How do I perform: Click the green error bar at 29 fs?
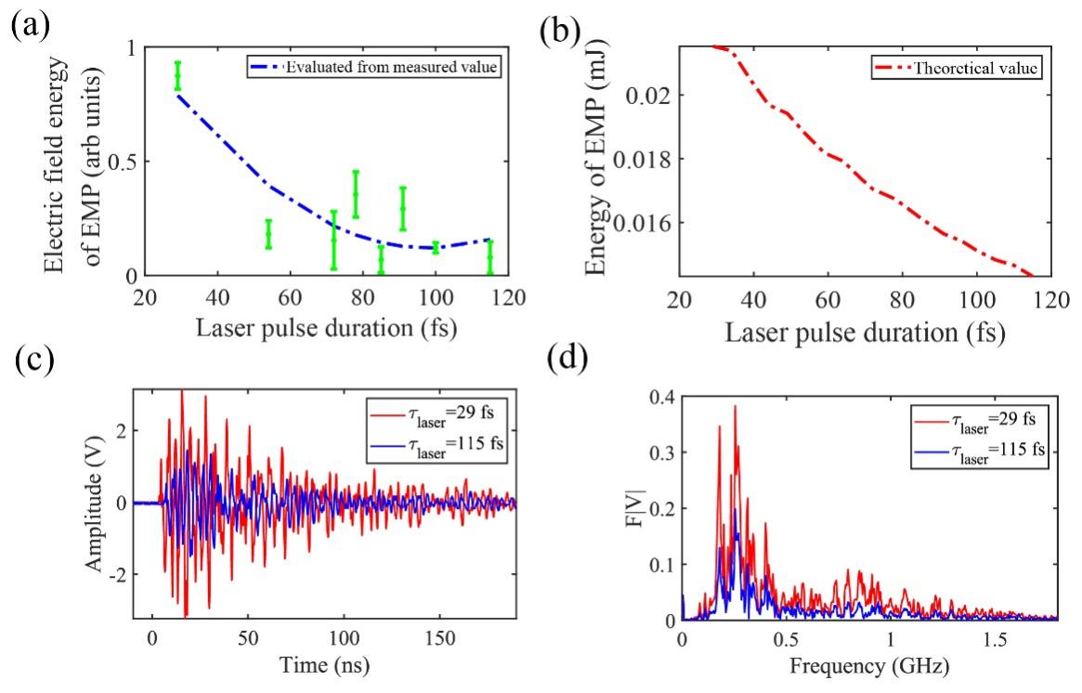pyautogui.click(x=177, y=75)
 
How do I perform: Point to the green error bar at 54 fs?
pyautogui.click(x=268, y=234)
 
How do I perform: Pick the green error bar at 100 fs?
pyautogui.click(x=435, y=247)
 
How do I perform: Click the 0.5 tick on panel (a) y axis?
pyautogui.click(x=121, y=162)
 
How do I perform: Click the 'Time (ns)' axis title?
pyautogui.click(x=324, y=667)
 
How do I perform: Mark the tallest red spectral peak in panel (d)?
pyautogui.click(x=735, y=406)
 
